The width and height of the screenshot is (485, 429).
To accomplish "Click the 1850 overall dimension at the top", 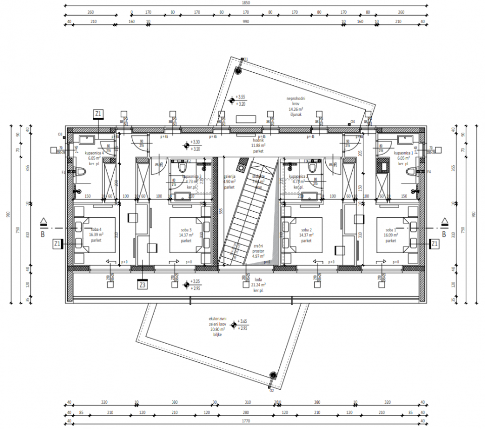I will pyautogui.click(x=244, y=3).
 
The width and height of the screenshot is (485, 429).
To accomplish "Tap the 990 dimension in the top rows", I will pyautogui.click(x=246, y=22).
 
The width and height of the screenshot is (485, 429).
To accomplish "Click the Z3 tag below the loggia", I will pyautogui.click(x=142, y=284).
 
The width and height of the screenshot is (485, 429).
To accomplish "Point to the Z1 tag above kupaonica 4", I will pyautogui.click(x=99, y=114).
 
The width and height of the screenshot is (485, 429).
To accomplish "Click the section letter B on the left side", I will pyautogui.click(x=43, y=234).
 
